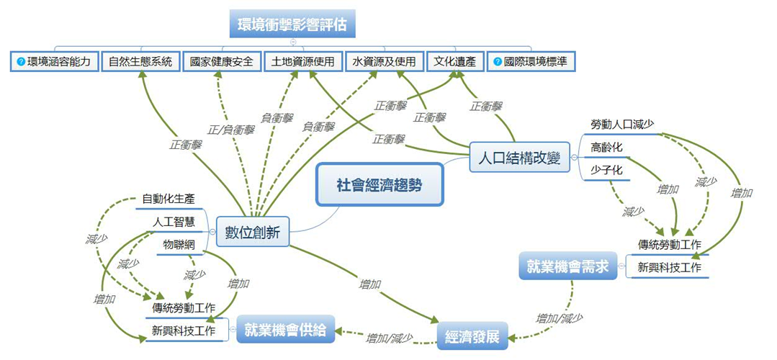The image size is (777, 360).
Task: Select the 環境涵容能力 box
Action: (54, 62)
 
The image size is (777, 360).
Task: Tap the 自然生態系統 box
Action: (140, 62)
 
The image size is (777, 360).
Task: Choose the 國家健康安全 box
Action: (222, 62)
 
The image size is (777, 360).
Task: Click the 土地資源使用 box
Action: (303, 62)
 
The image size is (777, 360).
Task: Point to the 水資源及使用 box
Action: (385, 62)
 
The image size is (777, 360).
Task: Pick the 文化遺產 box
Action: (455, 62)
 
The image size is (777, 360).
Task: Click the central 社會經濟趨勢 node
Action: (379, 185)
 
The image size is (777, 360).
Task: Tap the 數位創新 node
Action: (253, 231)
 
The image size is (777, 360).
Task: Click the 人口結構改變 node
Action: (519, 156)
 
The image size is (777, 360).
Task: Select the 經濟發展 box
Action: (472, 336)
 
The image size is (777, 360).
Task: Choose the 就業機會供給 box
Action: (285, 330)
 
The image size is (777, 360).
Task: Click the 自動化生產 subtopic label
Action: (169, 199)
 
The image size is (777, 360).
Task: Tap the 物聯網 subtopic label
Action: (179, 245)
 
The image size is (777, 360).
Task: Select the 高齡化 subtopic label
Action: (606, 148)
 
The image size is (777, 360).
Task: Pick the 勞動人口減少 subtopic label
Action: (621, 124)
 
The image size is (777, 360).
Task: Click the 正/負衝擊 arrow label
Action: (231, 130)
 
